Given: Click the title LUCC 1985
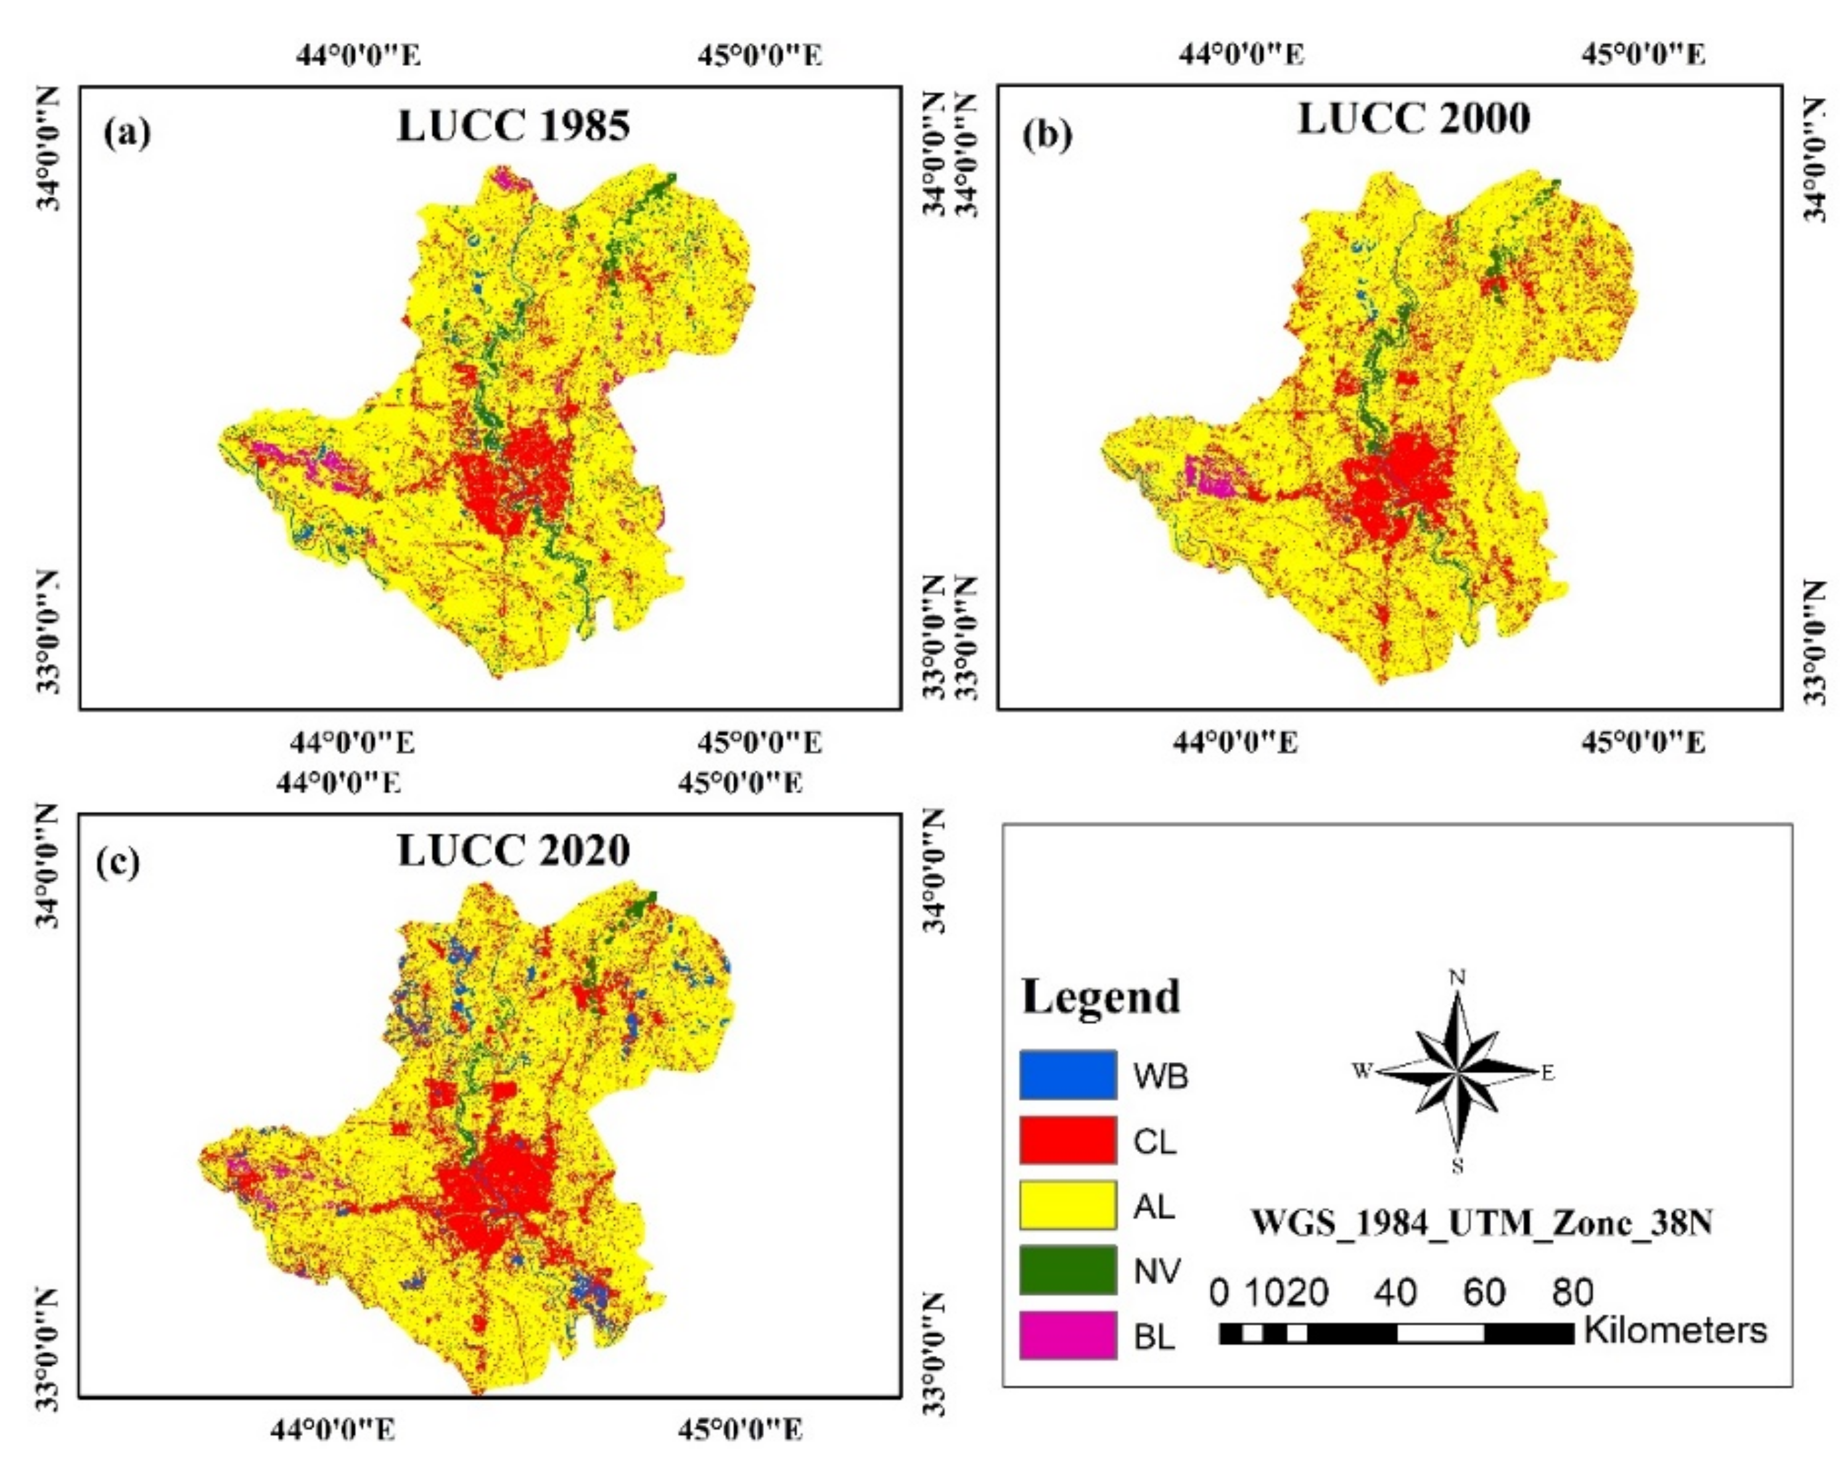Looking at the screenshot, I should pos(514,126).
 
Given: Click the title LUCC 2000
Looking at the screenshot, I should pos(1414,119).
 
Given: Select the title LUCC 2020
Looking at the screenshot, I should pos(514,851).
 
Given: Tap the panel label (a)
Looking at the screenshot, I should pos(126,133).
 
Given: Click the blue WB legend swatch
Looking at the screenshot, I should pos(1067,1075).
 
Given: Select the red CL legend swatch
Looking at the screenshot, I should pos(1067,1140).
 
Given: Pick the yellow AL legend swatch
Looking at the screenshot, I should pos(1067,1205).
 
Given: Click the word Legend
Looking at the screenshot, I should pos(1101,997).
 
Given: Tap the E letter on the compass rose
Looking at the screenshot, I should pos(1547,1073).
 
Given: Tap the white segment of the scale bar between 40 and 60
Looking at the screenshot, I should pos(1440,1334).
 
